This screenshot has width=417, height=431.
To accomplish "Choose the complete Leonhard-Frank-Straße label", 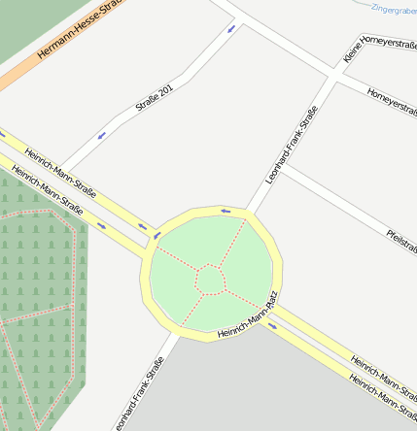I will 292,149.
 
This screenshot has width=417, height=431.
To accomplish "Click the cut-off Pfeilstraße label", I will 401,240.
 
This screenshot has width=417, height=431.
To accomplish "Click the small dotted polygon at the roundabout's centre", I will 210,280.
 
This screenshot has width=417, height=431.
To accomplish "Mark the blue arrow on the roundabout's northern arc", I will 226,210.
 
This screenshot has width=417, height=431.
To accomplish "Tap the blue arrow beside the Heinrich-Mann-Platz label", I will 272,325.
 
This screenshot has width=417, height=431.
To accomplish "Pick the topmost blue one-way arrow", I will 231,28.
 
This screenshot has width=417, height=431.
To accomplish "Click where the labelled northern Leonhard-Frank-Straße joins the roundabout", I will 248,212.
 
